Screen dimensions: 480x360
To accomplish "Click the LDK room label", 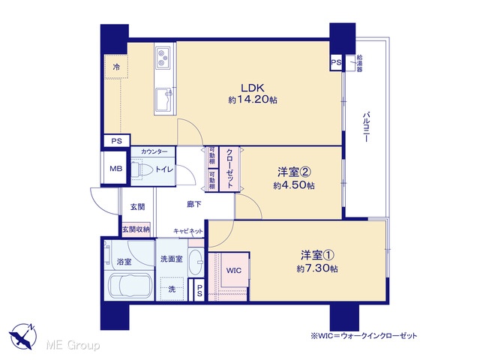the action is coord(253,88).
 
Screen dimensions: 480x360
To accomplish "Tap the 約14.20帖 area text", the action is coord(253,100).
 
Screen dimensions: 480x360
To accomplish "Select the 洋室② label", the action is coord(294,172).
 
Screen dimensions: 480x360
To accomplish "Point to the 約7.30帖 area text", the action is coord(317,268).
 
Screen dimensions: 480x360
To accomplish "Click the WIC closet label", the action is coord(234,270).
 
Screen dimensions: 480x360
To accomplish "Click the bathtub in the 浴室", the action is coord(128,287).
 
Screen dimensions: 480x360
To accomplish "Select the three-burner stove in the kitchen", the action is coord(163,57).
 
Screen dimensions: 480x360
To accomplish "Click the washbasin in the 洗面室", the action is coord(196,263).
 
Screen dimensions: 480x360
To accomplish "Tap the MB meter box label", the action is coord(116,168).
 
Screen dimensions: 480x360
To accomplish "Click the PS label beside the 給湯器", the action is coord(336,62).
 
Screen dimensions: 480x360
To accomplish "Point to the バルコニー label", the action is coord(365,127).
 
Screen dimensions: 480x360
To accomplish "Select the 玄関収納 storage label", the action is coord(136,229).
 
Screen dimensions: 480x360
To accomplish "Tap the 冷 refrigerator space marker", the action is coord(117,67).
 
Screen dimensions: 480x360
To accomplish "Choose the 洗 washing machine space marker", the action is coord(172,289).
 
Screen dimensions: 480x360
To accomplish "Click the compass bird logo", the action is coord(23,336).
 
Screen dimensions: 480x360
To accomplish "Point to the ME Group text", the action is coord(73,345).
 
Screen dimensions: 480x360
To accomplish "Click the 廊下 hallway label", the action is coord(194,204).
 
